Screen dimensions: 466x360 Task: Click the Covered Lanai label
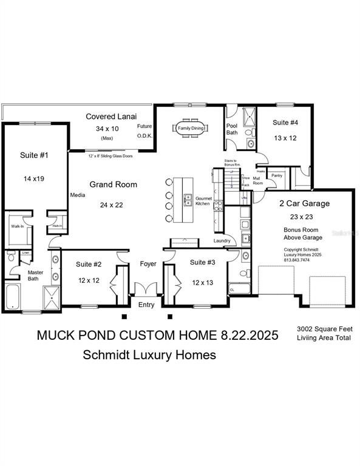[110, 116]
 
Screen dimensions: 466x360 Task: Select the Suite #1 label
[35, 155]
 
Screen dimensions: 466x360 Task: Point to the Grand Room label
[113, 184]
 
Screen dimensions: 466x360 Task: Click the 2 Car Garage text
[304, 203]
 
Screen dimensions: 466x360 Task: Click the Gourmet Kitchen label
[202, 201]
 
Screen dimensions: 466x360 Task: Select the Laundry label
[222, 241]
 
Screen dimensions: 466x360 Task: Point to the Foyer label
[148, 264]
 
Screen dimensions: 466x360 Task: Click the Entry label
[146, 305]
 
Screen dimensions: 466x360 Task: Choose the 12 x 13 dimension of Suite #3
[202, 283]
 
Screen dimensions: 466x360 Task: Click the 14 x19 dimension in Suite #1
[34, 179]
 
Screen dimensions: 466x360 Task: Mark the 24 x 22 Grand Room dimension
[112, 205]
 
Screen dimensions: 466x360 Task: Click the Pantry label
[277, 175]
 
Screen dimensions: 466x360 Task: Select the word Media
[77, 195]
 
